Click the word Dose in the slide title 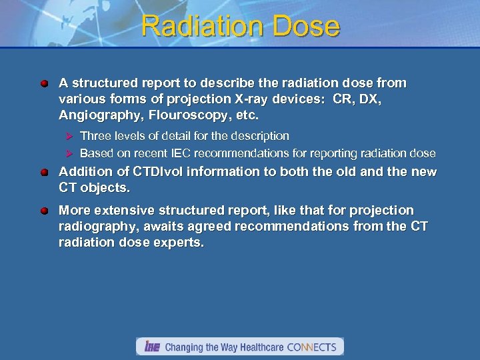coord(309,27)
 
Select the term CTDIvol coord(150,171)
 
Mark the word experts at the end coord(179,243)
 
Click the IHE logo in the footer coord(151,347)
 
